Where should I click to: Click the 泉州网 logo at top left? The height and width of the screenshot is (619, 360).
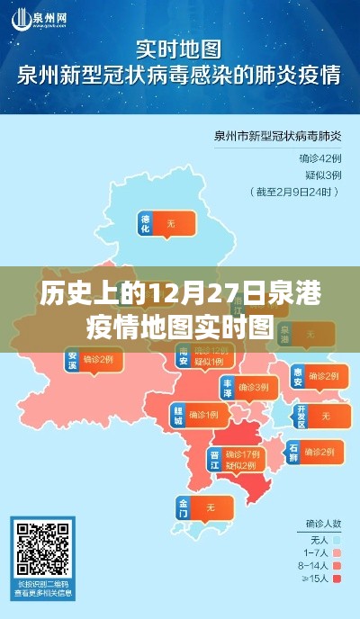pos(40,18)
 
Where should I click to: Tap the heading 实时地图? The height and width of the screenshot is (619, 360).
pos(180,47)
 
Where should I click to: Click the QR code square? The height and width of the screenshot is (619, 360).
pos(43,549)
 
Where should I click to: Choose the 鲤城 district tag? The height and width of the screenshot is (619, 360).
pos(179,415)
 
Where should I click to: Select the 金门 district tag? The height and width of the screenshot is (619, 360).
pos(185,508)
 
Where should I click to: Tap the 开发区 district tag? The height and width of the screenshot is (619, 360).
pos(301,415)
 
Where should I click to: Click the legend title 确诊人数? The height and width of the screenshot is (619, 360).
pos(321,521)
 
